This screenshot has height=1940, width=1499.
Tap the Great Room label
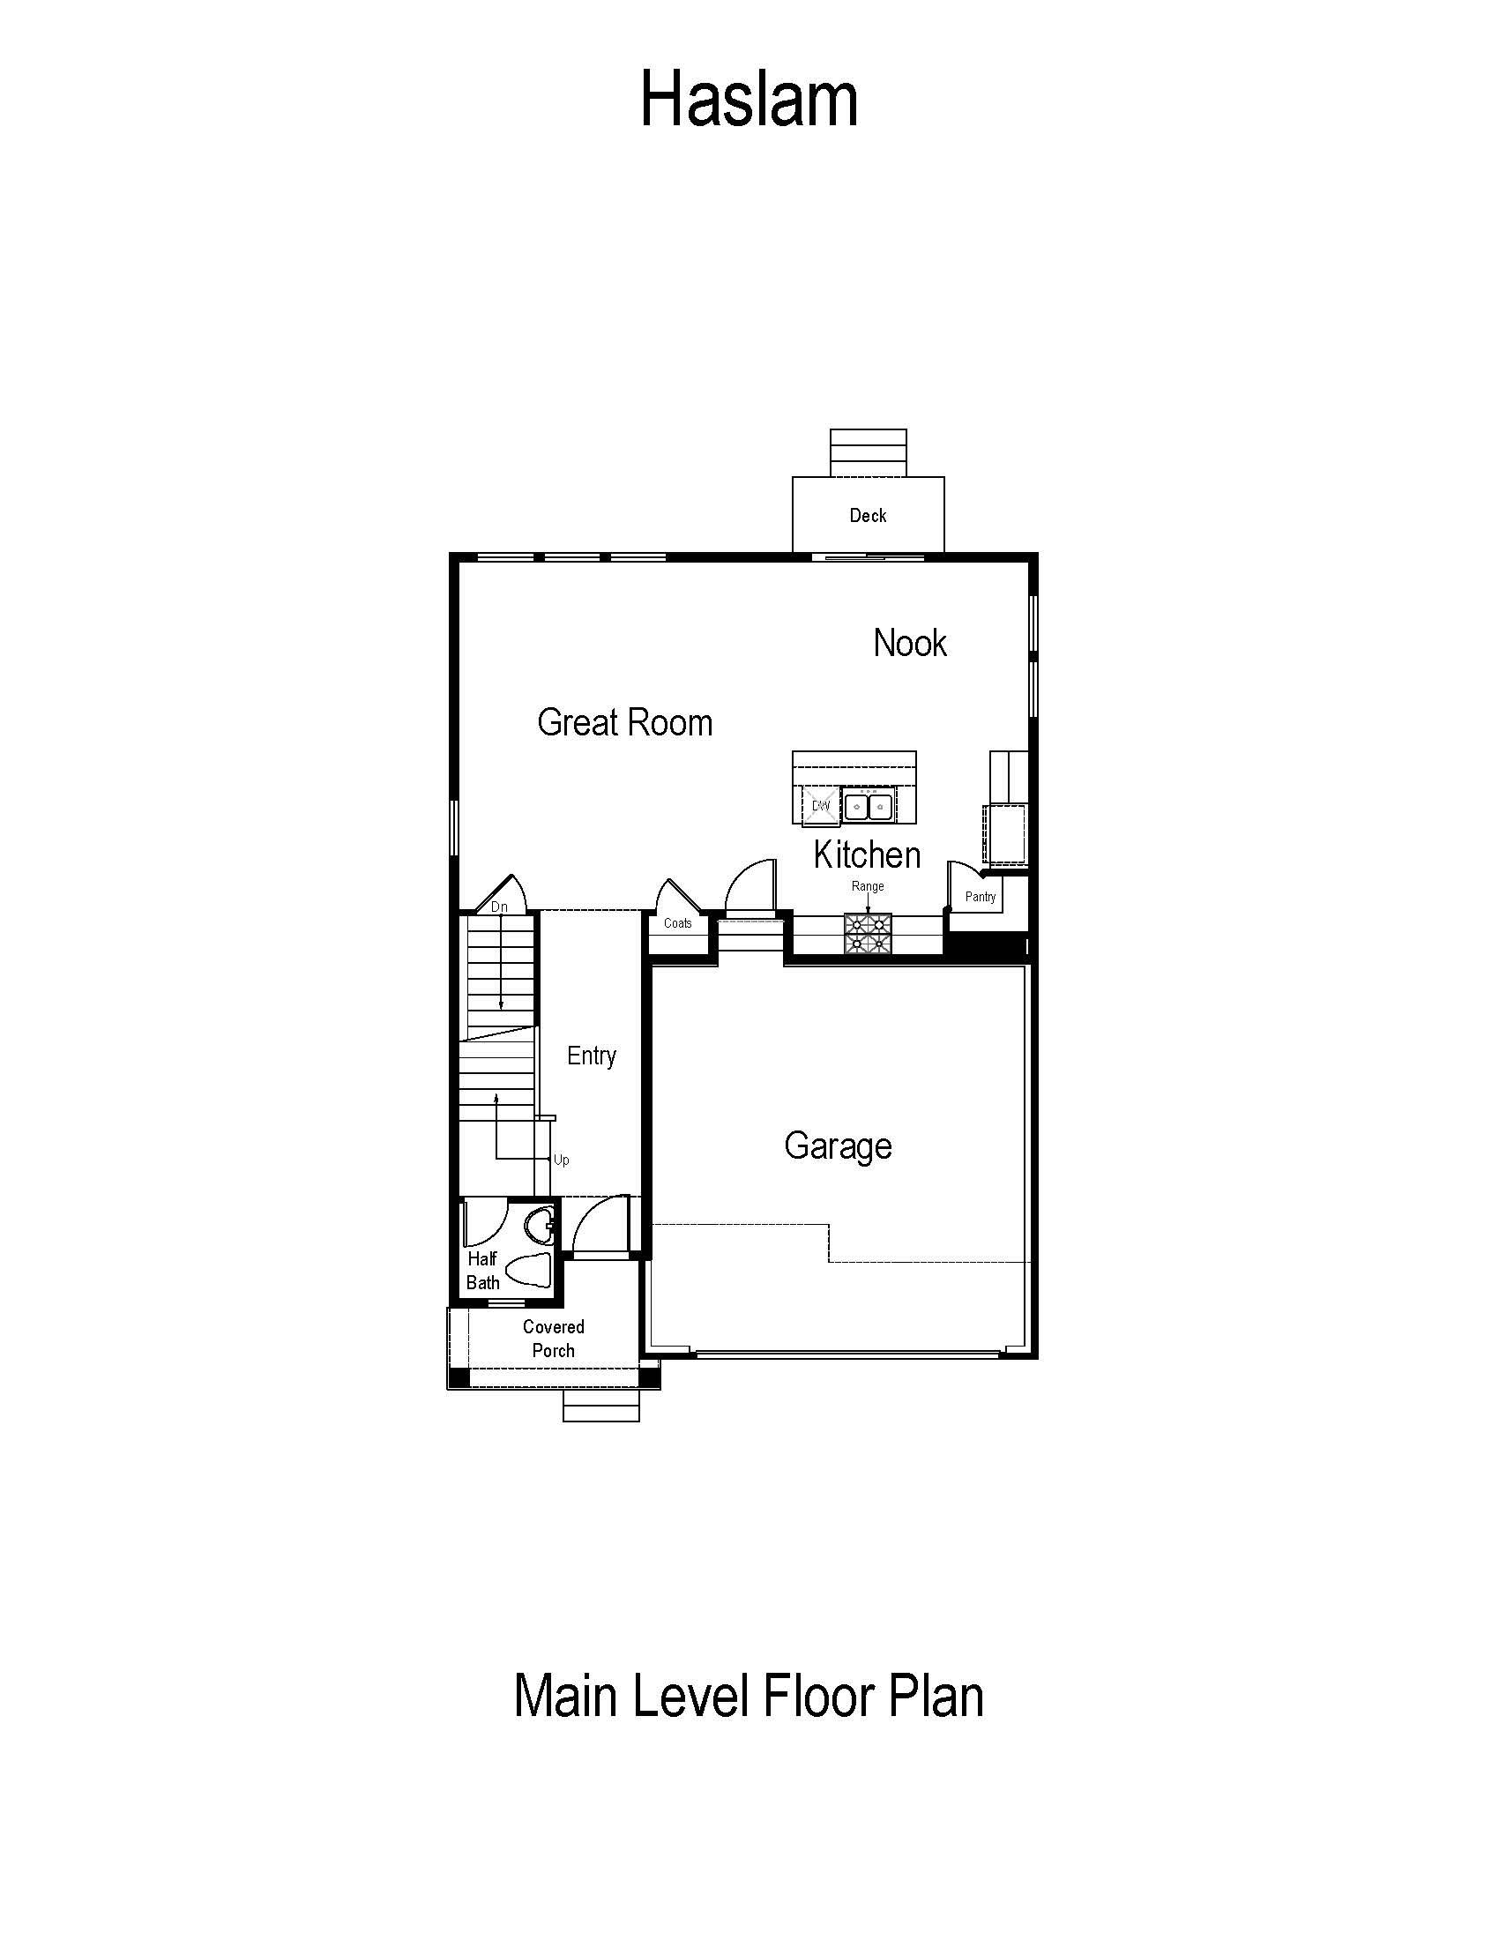coord(624,722)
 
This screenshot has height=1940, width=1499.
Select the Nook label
coord(909,642)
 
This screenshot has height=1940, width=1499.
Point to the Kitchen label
coord(867,854)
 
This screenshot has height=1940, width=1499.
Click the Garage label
coord(838,1145)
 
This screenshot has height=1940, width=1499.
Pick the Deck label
coord(868,515)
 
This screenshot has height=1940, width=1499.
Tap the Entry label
coord(592,1056)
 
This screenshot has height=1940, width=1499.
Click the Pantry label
coord(981,897)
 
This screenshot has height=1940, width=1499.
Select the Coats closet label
coord(677,923)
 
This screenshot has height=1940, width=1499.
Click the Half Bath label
coord(482,1270)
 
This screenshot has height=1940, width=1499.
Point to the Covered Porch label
coord(553,1339)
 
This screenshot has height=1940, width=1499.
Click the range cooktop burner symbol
coord(868,934)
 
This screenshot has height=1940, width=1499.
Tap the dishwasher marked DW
coord(820,806)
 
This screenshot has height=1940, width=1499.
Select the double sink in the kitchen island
coord(867,806)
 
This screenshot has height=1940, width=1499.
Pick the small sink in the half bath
coord(539,1227)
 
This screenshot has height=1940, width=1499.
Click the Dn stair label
coord(499,907)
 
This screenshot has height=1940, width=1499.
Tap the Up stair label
coord(561,1160)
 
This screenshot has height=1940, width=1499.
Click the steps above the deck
coord(869,453)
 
